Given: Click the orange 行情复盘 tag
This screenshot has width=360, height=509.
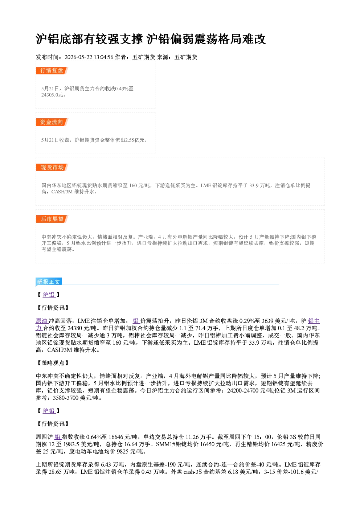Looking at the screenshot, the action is coord(52,70).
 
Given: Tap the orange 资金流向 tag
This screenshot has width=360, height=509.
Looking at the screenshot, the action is coord(52,122).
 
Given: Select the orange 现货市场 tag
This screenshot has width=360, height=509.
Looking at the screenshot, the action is coord(52,167).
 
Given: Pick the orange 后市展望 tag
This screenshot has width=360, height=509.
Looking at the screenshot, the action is coord(52,219).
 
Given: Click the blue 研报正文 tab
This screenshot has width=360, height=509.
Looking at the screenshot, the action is coord(49,282).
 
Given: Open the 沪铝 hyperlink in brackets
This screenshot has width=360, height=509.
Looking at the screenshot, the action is coord(49,295).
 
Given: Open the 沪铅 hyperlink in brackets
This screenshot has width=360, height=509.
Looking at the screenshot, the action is coord(49,411).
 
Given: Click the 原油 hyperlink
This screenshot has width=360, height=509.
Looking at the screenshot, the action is coord(41,321).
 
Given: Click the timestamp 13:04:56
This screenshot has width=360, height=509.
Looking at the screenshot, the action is coord(103,57).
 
